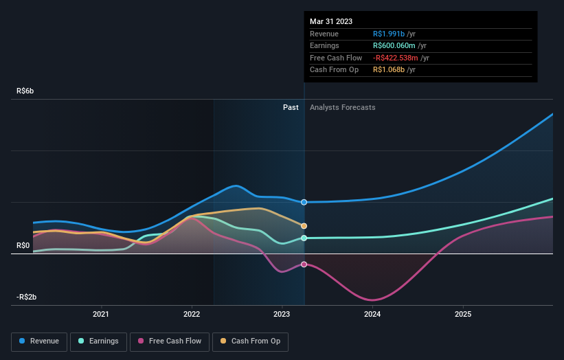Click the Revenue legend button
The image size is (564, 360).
click(x=39, y=341)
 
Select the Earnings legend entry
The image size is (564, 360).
click(x=99, y=341)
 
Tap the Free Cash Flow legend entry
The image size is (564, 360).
click(x=169, y=341)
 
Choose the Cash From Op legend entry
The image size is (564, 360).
click(x=251, y=341)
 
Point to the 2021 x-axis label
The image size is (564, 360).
click(x=101, y=315)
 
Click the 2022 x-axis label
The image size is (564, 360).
click(x=192, y=315)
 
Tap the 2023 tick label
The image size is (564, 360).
click(x=282, y=315)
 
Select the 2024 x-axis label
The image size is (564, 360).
click(x=372, y=315)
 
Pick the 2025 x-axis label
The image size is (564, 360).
click(x=463, y=315)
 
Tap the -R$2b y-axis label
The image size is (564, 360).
click(x=26, y=297)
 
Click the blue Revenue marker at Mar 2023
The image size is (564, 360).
click(x=304, y=202)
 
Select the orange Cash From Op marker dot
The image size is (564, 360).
click(x=304, y=226)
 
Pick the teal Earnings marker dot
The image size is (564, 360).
click(x=304, y=238)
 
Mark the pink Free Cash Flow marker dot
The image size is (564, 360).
click(x=304, y=265)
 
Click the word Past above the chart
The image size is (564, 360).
click(x=291, y=107)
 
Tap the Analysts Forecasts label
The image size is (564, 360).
click(x=343, y=107)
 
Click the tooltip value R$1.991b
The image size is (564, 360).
click(x=388, y=34)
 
